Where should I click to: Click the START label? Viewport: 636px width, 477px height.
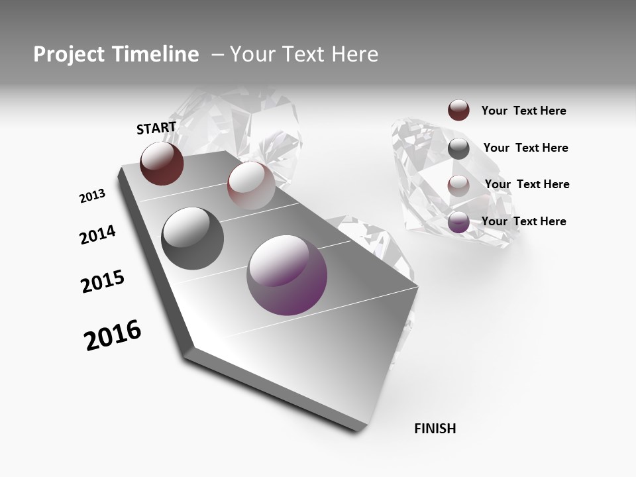pyautogui.click(x=156, y=128)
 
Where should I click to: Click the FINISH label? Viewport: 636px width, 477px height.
pyautogui.click(x=435, y=429)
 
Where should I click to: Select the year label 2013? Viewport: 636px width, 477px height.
pyautogui.click(x=92, y=196)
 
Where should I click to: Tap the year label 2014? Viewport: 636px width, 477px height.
pyautogui.click(x=97, y=235)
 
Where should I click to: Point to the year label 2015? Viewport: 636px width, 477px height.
pyautogui.click(x=103, y=282)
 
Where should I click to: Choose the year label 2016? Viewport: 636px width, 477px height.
pyautogui.click(x=113, y=335)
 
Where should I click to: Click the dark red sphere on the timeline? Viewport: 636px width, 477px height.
pyautogui.click(x=162, y=164)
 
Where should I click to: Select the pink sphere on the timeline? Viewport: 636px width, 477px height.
pyautogui.click(x=251, y=185)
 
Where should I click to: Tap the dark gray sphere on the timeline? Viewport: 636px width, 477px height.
pyautogui.click(x=192, y=238)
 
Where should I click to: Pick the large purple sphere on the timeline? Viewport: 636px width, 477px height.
pyautogui.click(x=287, y=275)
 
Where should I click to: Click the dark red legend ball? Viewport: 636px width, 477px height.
pyautogui.click(x=458, y=110)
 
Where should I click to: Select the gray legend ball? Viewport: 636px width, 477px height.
pyautogui.click(x=458, y=148)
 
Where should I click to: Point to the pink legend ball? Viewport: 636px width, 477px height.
pyautogui.click(x=458, y=185)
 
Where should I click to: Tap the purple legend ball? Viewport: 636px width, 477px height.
pyautogui.click(x=458, y=222)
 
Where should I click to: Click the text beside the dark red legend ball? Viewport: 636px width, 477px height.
pyautogui.click(x=524, y=111)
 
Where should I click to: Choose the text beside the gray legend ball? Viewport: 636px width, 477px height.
pyautogui.click(x=526, y=148)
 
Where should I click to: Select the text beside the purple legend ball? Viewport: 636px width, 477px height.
pyautogui.click(x=524, y=221)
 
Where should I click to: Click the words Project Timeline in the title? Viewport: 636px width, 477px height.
pyautogui.click(x=116, y=54)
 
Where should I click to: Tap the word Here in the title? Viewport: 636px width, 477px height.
pyautogui.click(x=354, y=54)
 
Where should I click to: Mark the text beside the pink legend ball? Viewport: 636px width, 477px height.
pyautogui.click(x=527, y=184)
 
